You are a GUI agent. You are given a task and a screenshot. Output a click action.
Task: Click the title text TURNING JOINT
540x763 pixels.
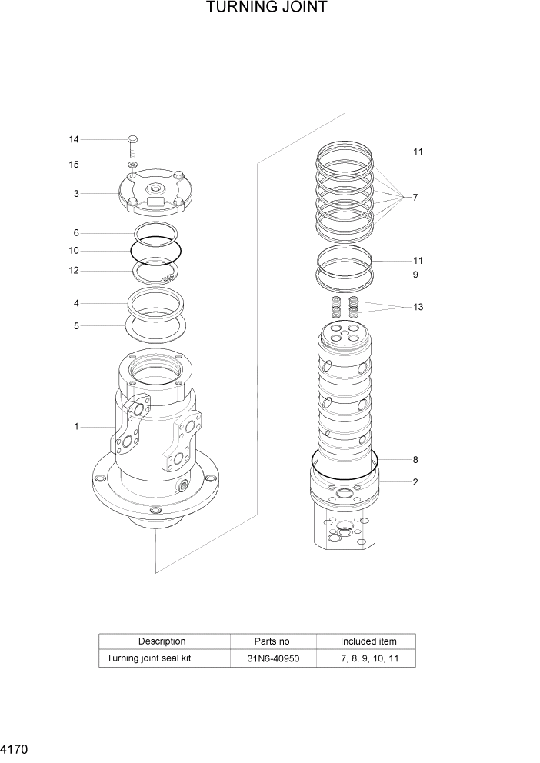point(267,8)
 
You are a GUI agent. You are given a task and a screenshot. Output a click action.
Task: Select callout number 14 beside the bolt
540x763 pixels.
point(74,139)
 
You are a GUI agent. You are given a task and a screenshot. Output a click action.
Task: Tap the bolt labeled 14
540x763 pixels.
point(132,145)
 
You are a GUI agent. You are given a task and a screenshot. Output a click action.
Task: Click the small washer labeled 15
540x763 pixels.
point(132,165)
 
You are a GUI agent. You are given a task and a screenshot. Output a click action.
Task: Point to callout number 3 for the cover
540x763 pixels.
point(76,194)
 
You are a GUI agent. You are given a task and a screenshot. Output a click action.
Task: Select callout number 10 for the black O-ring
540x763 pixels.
point(74,251)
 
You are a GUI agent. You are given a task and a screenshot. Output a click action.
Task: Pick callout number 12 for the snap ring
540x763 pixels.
point(74,271)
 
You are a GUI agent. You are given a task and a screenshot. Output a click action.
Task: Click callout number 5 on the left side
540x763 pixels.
point(76,326)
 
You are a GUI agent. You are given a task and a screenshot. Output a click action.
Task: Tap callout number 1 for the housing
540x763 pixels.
point(76,427)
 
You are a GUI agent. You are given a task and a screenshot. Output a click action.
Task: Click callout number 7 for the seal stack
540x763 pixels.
point(415,198)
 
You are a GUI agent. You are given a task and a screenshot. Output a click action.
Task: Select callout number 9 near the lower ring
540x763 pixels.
point(415,275)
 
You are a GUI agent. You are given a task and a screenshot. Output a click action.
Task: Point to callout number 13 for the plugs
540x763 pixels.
point(418,307)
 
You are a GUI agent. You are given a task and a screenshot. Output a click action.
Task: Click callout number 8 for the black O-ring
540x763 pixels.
point(415,460)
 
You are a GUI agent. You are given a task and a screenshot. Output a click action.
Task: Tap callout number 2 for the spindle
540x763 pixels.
point(415,482)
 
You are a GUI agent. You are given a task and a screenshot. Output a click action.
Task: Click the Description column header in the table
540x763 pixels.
point(162,641)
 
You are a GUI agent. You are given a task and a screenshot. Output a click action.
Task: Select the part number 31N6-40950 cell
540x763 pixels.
point(272,659)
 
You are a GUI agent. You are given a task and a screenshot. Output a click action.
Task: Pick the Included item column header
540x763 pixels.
point(368,641)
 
